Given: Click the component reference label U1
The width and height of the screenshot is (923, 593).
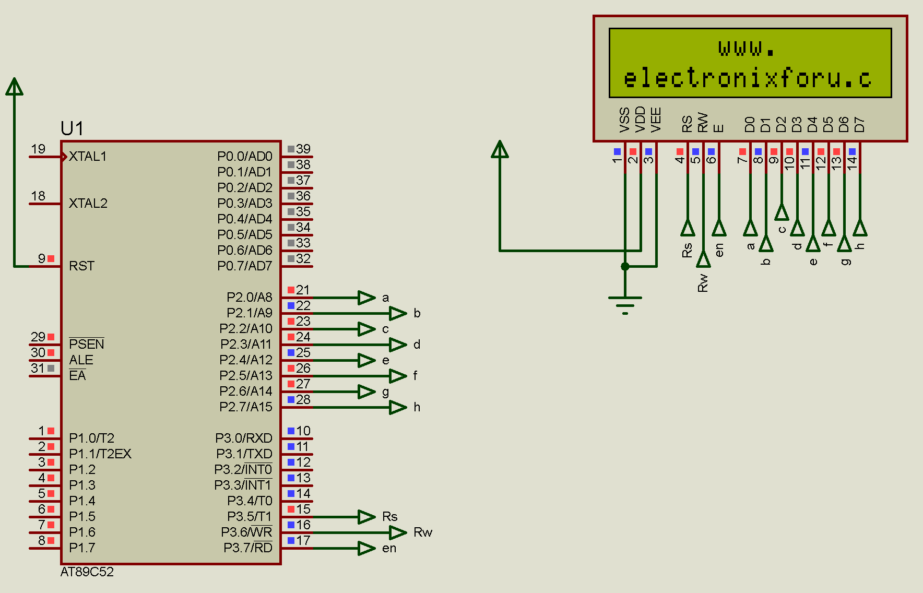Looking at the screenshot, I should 72,128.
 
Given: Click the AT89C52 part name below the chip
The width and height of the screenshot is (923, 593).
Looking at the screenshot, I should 87,572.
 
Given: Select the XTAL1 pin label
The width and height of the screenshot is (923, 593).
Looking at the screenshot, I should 88,157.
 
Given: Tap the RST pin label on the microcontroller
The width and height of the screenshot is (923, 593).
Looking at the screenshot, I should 82,266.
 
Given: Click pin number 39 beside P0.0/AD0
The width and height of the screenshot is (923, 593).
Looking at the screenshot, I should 303,149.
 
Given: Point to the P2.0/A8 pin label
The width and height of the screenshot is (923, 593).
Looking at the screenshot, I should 249,298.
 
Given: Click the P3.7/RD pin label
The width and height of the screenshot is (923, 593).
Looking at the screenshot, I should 247,548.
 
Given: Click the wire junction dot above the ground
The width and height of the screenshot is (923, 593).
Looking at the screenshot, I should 625,267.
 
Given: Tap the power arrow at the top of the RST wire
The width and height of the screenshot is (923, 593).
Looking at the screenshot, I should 15,87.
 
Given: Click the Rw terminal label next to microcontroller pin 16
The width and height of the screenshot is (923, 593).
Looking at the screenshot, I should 423,532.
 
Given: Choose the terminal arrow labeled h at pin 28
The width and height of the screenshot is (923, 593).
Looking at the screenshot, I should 398,407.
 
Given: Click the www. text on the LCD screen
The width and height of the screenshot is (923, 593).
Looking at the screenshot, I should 747,49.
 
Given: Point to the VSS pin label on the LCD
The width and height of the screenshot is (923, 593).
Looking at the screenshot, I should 624,120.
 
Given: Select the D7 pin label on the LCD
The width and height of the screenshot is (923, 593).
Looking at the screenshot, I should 859,124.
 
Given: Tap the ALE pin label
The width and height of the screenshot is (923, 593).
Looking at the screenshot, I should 81,360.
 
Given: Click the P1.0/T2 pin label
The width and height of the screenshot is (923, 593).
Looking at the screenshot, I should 91,438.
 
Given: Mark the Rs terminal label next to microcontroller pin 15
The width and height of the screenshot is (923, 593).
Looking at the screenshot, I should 389,517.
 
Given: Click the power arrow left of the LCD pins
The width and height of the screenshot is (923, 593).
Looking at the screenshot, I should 500,150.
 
